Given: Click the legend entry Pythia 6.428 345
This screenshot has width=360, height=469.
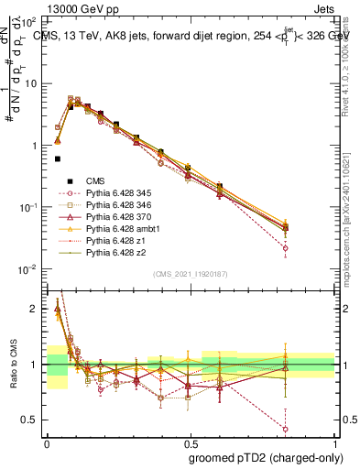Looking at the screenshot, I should pyautogui.click(x=115, y=194).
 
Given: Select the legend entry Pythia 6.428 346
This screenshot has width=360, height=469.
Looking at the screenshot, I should pyautogui.click(x=115, y=207).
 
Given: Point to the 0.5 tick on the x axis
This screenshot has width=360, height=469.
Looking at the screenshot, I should pyautogui.click(x=191, y=442).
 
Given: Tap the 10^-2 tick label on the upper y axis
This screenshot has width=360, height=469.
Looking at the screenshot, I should pyautogui.click(x=27, y=269).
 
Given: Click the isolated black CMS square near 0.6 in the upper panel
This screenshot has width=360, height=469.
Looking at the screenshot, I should pyautogui.click(x=58, y=158).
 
